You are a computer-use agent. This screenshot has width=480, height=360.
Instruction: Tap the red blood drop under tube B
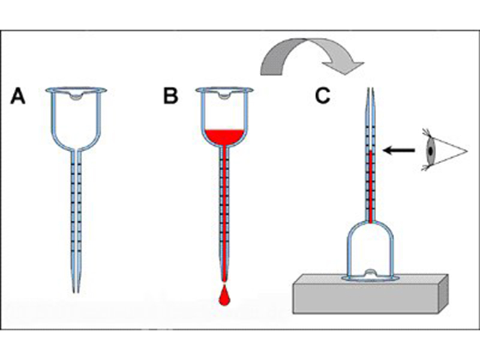[225, 295]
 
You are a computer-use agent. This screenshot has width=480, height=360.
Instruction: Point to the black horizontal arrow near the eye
[399, 151]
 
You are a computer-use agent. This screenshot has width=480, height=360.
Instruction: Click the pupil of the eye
[431, 151]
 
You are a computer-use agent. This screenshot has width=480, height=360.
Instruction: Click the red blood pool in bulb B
[224, 137]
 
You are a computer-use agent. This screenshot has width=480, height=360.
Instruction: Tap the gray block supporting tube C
[370, 295]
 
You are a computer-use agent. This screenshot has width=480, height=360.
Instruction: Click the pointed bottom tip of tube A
[76, 292]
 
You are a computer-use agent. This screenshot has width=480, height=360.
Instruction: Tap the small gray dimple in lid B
[224, 96]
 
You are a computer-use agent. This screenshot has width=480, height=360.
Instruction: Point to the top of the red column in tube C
[371, 150]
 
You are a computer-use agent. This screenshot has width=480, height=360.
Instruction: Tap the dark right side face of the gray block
[444, 294]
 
